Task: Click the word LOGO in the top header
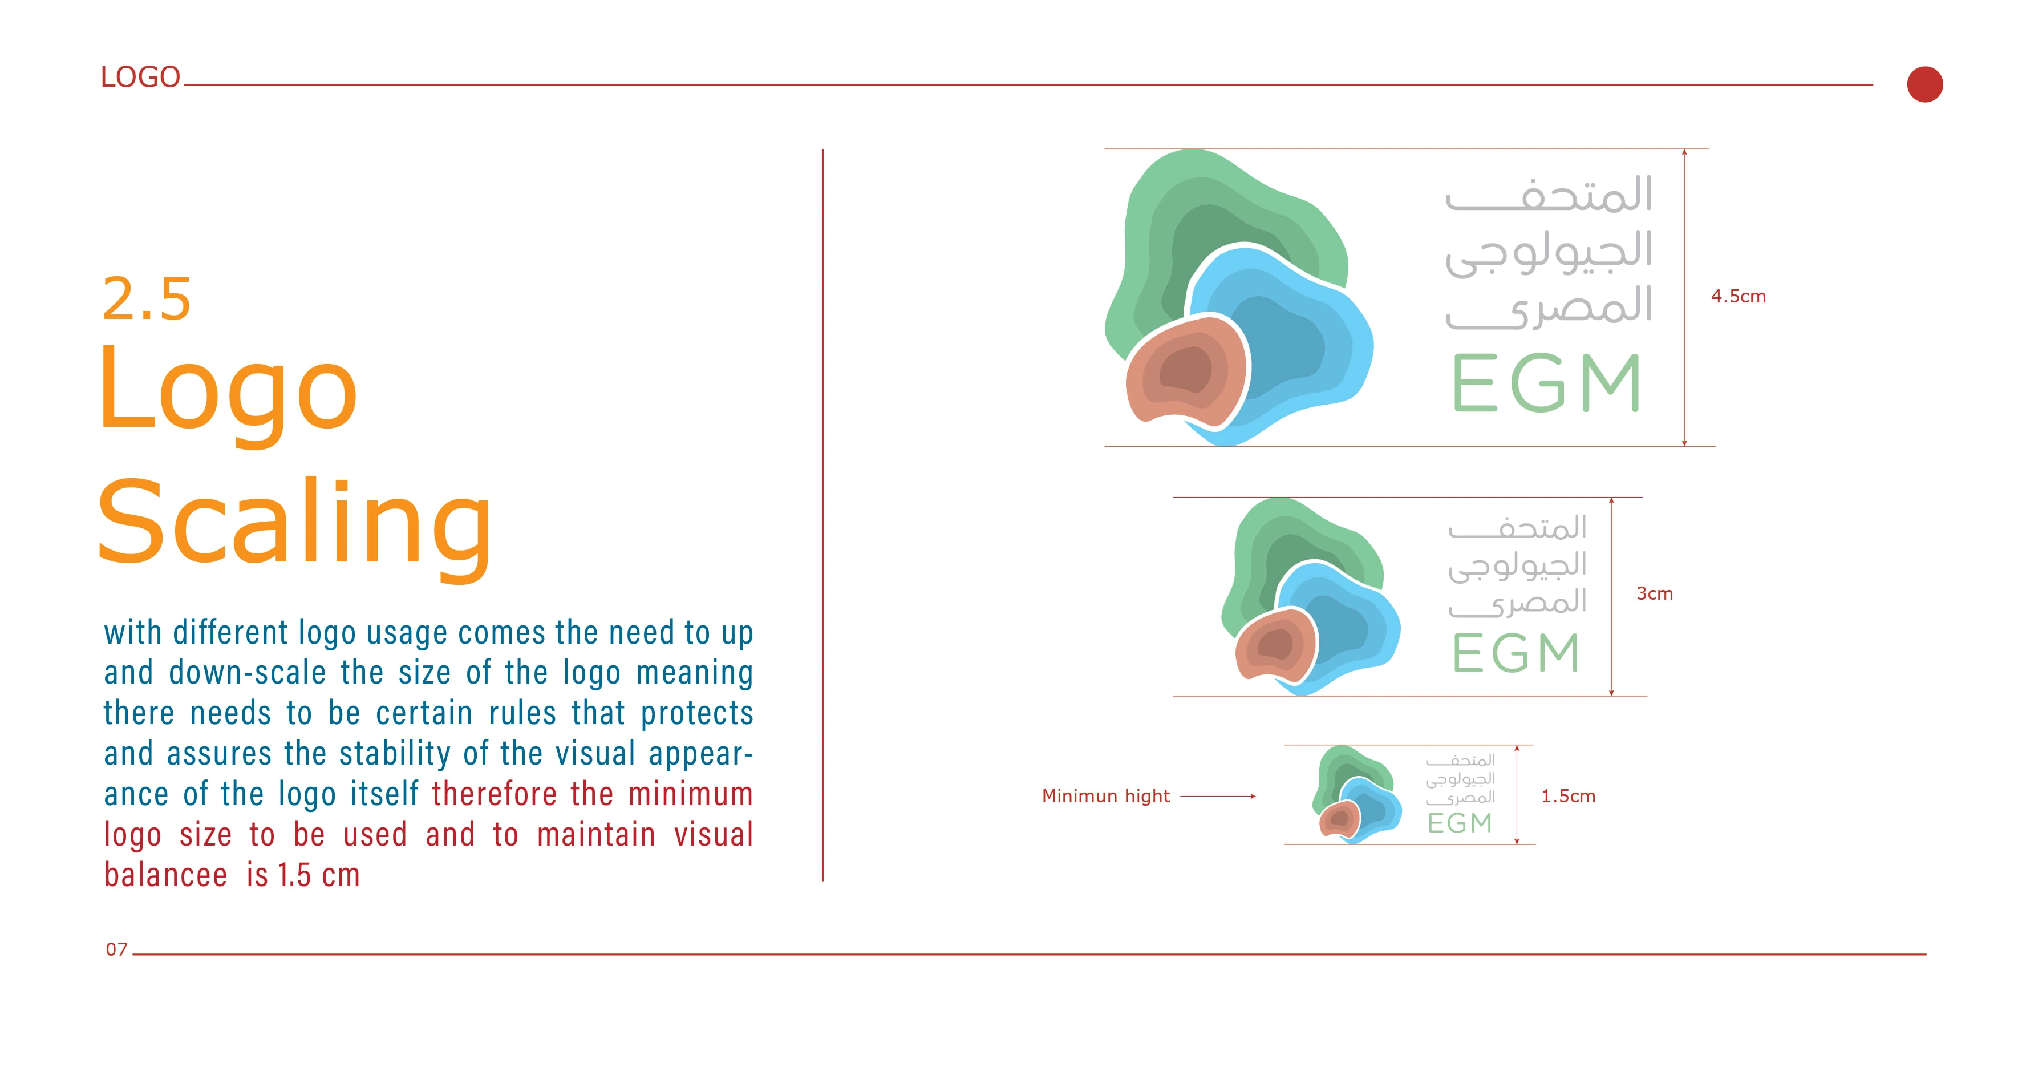click(x=140, y=77)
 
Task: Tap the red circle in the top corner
click(x=1924, y=84)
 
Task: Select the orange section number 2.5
click(x=147, y=299)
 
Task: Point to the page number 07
click(x=116, y=949)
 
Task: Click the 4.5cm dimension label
click(x=1738, y=296)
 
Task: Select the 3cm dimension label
click(x=1654, y=593)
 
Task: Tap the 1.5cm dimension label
click(x=1567, y=795)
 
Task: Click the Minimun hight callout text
click(x=1105, y=795)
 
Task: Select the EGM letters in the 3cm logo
click(x=1515, y=653)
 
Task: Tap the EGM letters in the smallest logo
click(x=1459, y=823)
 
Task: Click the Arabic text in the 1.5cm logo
click(x=1460, y=779)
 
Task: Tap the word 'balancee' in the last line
click(x=165, y=875)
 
